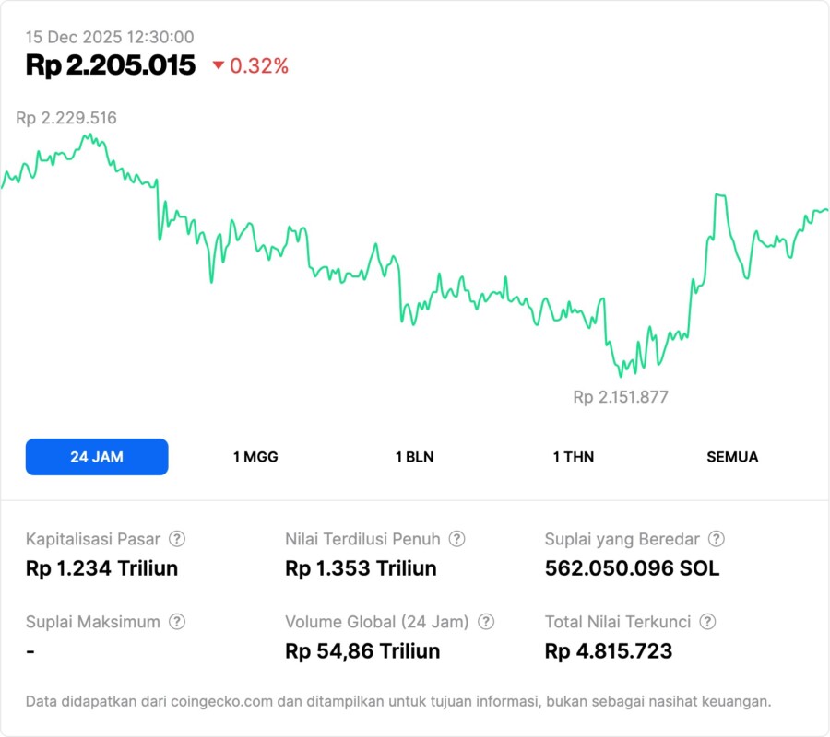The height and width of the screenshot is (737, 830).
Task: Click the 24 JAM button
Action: pos(97,457)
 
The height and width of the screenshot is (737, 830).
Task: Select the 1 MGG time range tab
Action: pos(255,457)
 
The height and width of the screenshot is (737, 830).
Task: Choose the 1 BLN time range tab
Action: pos(414,457)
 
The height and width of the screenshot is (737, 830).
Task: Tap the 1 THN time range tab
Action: pos(574,457)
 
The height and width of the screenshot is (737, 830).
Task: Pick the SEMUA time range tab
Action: pos(732,457)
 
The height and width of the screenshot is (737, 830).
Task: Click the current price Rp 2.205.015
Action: pos(111,65)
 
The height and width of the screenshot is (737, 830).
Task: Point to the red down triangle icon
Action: pos(219,65)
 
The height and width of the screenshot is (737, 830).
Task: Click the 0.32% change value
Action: pos(259,65)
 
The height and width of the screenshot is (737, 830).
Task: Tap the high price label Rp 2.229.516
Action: pos(66,118)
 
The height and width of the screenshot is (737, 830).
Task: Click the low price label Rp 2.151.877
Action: pos(621,397)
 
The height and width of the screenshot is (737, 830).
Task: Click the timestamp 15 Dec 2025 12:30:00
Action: pos(110,37)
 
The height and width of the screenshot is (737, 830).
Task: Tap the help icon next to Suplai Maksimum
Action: pos(177,622)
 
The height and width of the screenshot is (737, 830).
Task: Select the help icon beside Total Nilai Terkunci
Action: pos(707,622)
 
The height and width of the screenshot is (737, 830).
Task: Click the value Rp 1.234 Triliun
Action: pos(101,568)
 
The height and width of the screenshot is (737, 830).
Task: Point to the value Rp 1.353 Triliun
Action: pos(361,568)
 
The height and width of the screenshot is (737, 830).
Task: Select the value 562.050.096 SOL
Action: pos(632,568)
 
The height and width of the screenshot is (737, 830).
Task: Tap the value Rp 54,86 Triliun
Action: pos(362,651)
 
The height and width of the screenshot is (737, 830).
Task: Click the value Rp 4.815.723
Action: pos(609,651)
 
